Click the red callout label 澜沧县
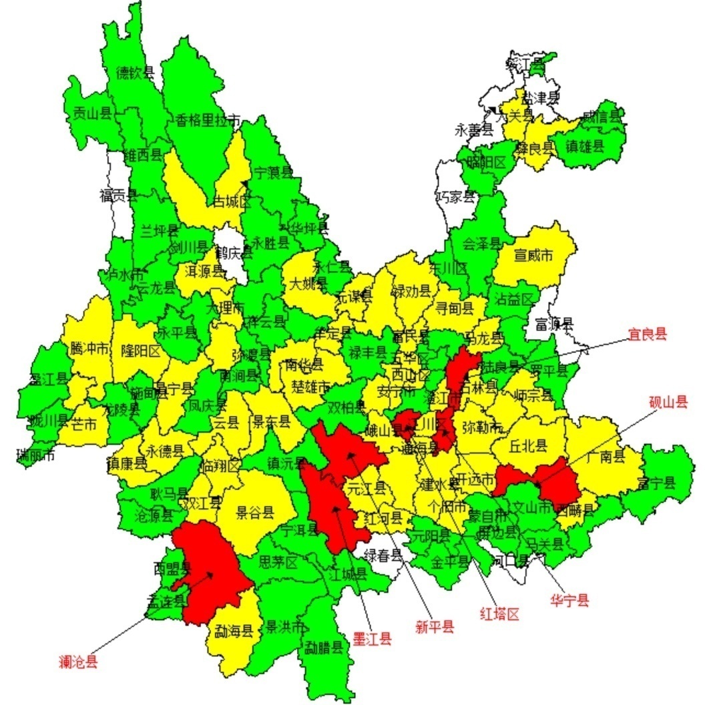tap(78, 662)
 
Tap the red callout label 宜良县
tap(647, 334)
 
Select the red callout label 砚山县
tap(668, 401)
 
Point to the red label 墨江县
tap(372, 639)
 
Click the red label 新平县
tap(435, 626)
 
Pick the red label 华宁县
tap(569, 600)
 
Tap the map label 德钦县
tap(136, 73)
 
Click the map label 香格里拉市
tap(208, 120)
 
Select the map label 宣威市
tap(533, 255)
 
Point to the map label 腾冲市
tap(89, 348)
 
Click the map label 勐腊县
tap(324, 647)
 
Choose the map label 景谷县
tap(255, 513)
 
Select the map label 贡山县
tap(91, 113)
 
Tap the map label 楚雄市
tap(311, 386)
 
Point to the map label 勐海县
tap(233, 630)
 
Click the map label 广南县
tap(606, 457)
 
